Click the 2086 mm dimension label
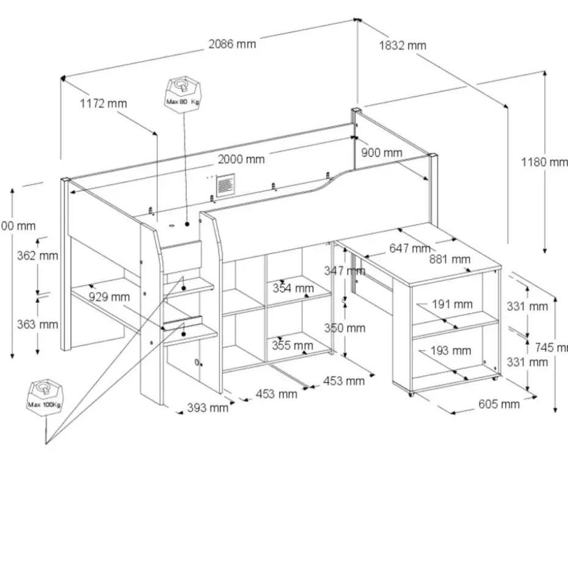(232, 44)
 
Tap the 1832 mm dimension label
(402, 45)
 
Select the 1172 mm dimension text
(104, 103)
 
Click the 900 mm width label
(382, 153)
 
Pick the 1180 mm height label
(544, 162)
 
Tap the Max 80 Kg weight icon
(182, 93)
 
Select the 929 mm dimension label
(109, 297)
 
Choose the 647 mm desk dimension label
(410, 249)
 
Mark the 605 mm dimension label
(499, 404)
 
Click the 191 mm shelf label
(452, 304)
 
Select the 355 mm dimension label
(293, 346)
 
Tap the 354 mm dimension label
(293, 288)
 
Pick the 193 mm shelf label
(451, 351)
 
